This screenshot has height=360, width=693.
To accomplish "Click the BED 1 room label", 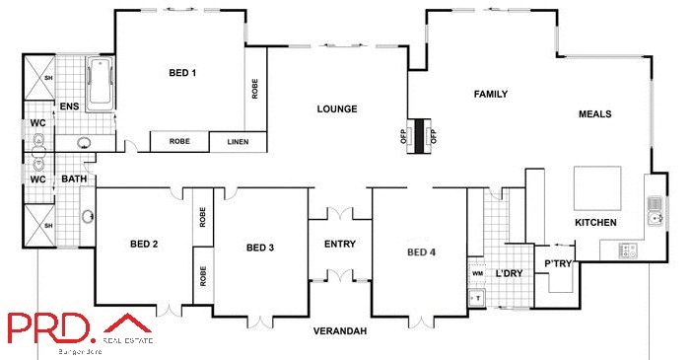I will (182, 73).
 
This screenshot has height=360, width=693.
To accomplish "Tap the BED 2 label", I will (144, 244).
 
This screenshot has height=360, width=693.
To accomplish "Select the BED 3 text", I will (260, 248).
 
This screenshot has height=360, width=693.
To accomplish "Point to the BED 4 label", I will (421, 252).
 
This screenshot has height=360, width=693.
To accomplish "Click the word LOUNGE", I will (336, 108).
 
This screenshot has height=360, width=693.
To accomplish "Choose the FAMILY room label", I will (490, 95).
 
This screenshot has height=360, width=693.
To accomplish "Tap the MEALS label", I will (594, 114).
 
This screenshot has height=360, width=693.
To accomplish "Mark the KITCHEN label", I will (595, 223).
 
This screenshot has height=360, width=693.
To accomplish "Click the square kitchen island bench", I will (597, 187).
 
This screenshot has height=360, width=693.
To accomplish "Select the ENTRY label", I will (340, 244).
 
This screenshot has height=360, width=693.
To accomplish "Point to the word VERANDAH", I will (340, 331).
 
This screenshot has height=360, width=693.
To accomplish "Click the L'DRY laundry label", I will (509, 273).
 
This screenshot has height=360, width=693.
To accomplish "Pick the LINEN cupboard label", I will (238, 142).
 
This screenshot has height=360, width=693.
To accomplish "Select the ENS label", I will (69, 107).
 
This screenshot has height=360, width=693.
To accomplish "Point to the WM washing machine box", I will (477, 273).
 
